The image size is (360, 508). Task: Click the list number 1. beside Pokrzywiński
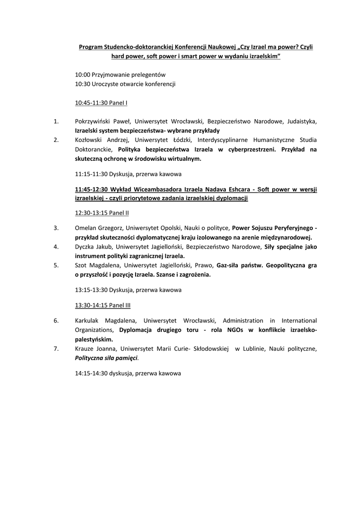tap(56, 121)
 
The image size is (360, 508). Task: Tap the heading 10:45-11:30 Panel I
tap(101, 103)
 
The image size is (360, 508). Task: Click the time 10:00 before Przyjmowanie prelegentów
tap(82, 74)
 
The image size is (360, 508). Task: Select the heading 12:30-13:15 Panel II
tap(102, 212)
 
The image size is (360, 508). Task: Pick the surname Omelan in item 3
tap(86, 228)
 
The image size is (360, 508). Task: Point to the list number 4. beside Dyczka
tap(56, 247)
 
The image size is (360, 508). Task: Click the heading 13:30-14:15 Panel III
tap(103, 305)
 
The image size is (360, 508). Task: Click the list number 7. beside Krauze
tap(56, 349)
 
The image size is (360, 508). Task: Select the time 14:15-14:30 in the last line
tap(91, 373)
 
